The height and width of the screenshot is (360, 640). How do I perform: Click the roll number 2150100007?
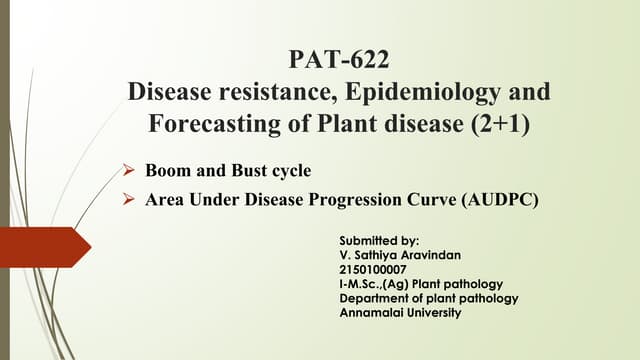(373, 270)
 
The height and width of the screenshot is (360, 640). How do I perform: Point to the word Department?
(375, 299)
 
